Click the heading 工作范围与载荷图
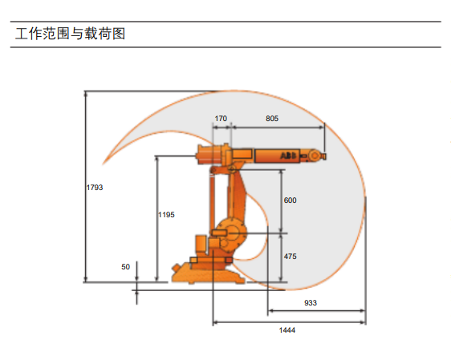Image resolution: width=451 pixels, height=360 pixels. [70, 34]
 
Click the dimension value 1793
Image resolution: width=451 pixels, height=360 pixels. [95, 188]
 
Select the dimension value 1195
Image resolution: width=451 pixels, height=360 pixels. [167, 215]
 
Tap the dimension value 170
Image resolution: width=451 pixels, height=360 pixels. [221, 119]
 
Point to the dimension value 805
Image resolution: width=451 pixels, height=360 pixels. [272, 119]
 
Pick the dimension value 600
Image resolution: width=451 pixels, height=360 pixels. [291, 200]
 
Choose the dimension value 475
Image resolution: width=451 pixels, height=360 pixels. [291, 257]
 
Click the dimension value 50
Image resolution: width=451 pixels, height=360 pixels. [126, 267]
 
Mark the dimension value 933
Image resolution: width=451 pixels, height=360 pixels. [311, 303]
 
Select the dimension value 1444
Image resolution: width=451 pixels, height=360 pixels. [287, 330]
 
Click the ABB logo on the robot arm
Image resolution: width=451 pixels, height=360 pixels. [288, 156]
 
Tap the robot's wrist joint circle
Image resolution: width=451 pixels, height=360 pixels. [315, 156]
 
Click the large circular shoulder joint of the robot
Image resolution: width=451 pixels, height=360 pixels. [232, 233]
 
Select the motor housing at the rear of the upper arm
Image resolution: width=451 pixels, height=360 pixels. [210, 154]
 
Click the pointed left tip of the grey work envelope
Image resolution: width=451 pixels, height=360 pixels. [104, 164]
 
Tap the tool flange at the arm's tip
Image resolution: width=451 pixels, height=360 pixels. [323, 156]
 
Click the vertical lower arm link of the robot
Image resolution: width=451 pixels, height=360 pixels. [237, 196]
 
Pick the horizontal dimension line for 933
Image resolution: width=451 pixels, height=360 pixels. [317, 310]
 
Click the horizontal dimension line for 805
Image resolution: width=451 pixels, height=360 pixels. [278, 127]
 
